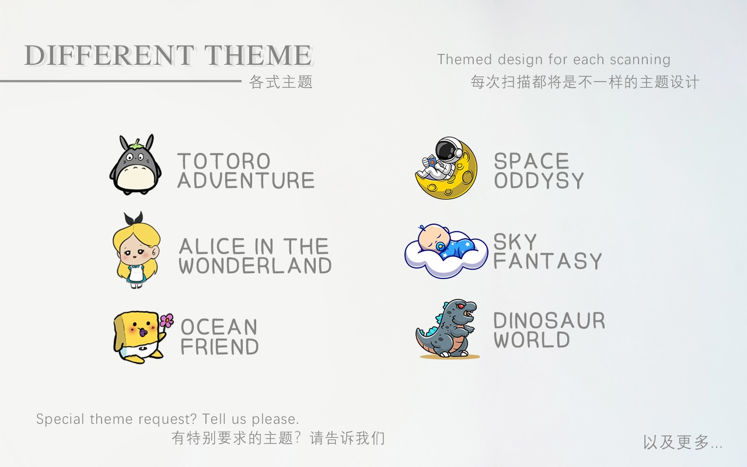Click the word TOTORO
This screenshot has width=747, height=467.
[224, 162]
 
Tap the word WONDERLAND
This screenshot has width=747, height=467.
[255, 266]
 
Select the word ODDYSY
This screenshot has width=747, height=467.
[539, 180]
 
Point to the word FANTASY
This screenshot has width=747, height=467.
[547, 261]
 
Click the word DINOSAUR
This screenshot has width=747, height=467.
[549, 320]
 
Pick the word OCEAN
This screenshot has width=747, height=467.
[219, 327]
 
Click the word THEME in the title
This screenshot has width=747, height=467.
[258, 55]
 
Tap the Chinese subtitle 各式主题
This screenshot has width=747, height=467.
[281, 82]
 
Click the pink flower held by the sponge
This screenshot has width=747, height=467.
[167, 320]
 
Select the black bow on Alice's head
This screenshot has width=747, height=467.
[134, 218]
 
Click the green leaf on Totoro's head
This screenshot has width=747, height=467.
[136, 145]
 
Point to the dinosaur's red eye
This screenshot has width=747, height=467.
[460, 306]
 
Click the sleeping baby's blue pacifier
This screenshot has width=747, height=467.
[440, 247]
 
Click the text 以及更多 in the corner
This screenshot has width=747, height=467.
[676, 442]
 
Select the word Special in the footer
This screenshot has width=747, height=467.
[60, 419]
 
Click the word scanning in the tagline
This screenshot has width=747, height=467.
[640, 60]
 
